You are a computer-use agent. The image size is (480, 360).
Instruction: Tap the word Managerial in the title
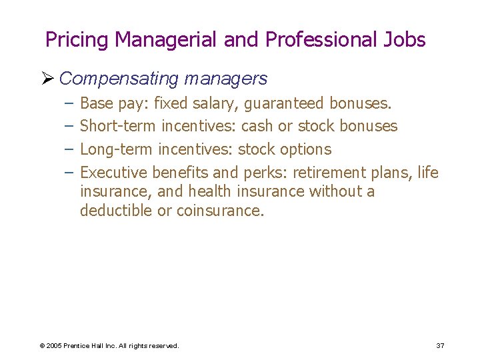(166, 40)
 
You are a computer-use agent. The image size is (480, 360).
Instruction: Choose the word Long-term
(117, 149)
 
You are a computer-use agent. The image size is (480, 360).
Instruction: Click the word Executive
(113, 172)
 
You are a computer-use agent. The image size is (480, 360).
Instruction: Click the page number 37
(440, 345)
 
